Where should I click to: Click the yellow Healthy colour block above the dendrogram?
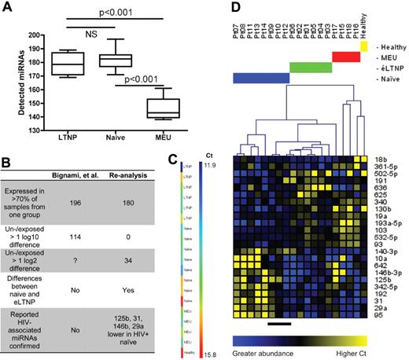(x=363, y=47)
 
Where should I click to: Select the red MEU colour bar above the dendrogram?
(x=346, y=57)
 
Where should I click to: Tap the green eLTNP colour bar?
(x=310, y=68)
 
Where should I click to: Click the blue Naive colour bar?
(x=261, y=79)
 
